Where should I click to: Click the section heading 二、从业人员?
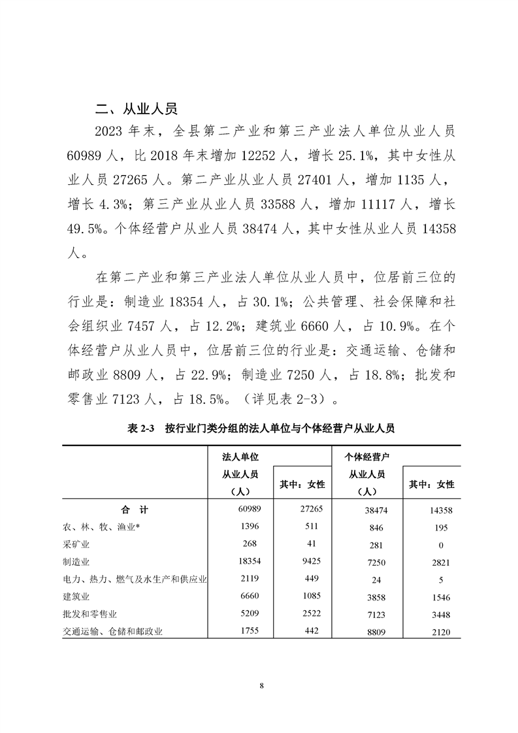(x=136, y=108)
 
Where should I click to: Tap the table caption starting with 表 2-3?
(x=261, y=429)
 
